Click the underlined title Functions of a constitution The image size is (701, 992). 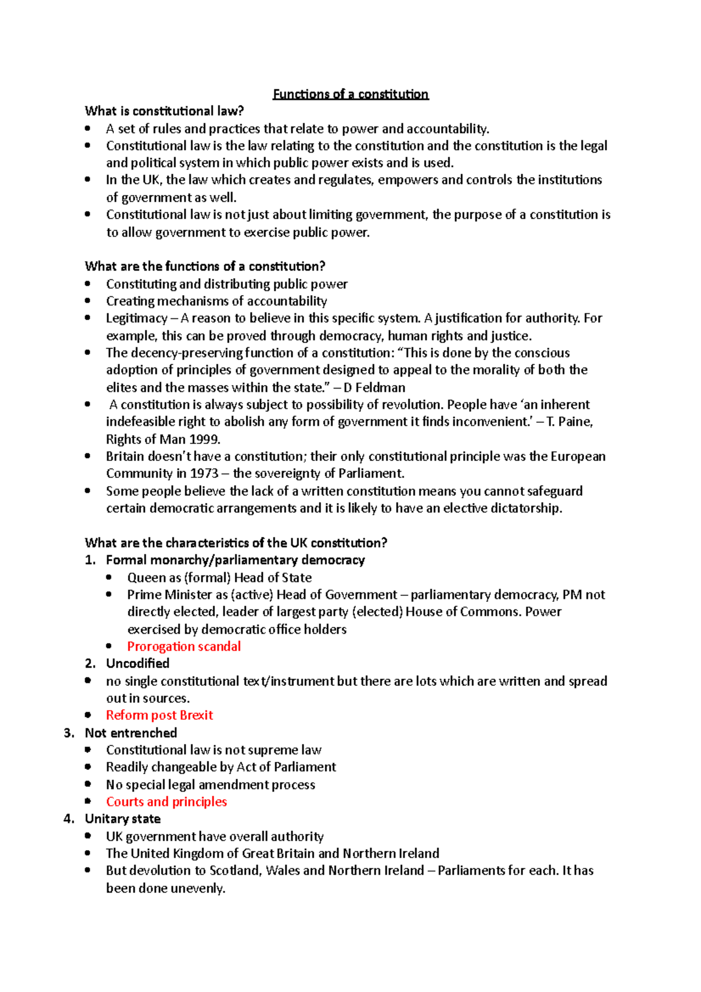[350, 94]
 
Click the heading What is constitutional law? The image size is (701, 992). [164, 111]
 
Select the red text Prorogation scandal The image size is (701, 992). [183, 646]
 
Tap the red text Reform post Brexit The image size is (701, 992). [159, 715]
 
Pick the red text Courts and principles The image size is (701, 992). [166, 802]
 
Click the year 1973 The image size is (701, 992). [204, 473]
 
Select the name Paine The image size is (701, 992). [575, 422]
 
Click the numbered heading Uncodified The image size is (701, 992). [137, 664]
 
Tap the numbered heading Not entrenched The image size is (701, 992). [131, 733]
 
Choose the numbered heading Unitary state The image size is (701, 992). [123, 818]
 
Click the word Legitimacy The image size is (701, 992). [137, 318]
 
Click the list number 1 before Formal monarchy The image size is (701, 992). [89, 560]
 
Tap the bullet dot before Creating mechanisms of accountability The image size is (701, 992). [88, 301]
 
